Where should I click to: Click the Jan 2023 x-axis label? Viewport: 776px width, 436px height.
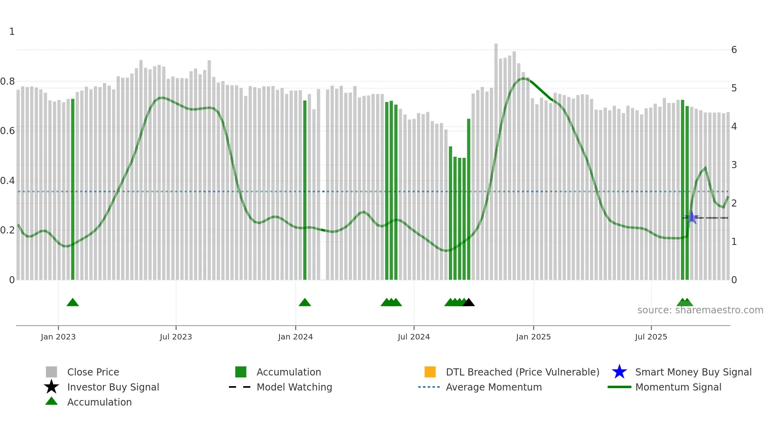[58, 337]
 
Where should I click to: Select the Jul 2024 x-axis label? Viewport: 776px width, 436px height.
[414, 337]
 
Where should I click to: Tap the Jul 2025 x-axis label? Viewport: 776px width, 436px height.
[651, 337]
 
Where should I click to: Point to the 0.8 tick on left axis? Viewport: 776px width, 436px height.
[8, 82]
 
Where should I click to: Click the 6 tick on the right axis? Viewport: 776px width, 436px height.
[734, 50]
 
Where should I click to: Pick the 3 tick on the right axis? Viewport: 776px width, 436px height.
[734, 165]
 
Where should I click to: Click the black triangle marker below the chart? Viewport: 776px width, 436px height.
[468, 303]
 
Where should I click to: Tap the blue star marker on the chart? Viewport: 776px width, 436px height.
[692, 217]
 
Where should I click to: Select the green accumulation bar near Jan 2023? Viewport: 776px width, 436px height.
[73, 190]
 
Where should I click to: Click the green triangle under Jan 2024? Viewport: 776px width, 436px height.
[304, 303]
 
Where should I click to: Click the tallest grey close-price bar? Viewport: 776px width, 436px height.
[496, 158]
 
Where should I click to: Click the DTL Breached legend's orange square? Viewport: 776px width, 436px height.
[430, 372]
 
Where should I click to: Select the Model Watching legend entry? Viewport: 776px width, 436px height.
[294, 387]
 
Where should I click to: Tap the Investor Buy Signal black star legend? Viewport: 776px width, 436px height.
[51, 387]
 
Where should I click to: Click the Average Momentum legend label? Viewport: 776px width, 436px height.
[494, 387]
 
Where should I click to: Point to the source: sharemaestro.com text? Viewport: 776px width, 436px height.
[700, 310]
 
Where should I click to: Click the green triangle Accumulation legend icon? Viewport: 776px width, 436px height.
[51, 402]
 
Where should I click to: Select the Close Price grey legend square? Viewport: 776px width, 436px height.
[51, 372]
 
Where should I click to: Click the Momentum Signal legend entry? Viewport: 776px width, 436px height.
[678, 387]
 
